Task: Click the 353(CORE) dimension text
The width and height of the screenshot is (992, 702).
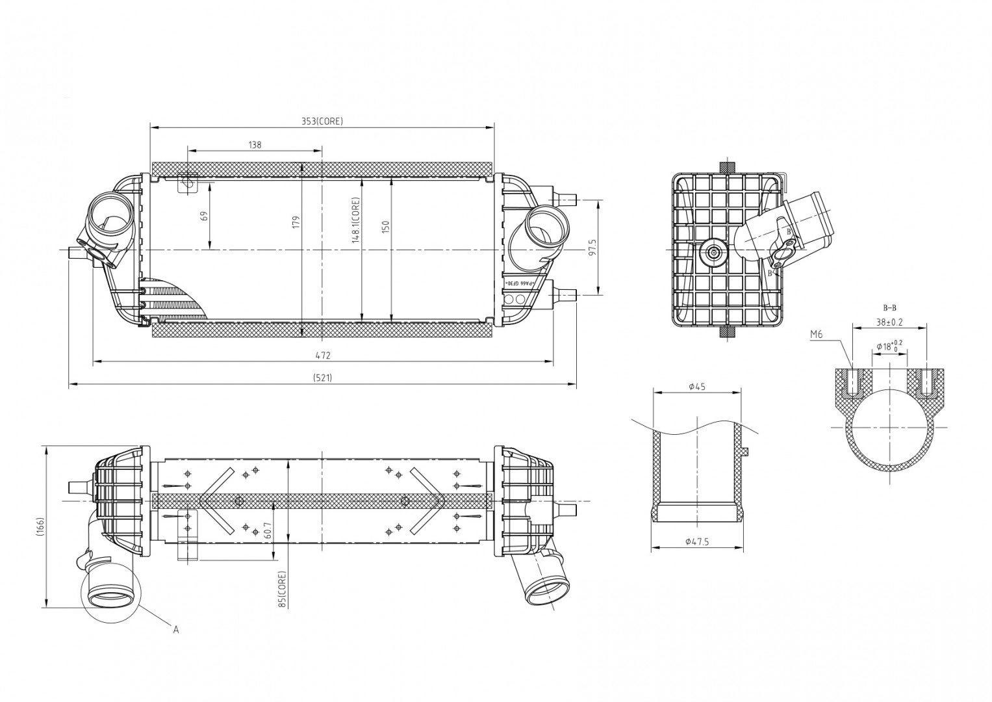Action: point(322,122)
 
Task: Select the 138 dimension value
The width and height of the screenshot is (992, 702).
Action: point(255,145)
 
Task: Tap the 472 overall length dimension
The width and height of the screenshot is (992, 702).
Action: point(323,356)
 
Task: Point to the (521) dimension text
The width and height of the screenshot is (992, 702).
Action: point(322,378)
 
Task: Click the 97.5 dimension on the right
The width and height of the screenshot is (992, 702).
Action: point(592,247)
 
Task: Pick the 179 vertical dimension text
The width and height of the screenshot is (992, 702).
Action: point(296,222)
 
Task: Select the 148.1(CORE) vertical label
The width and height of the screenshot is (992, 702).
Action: point(355,220)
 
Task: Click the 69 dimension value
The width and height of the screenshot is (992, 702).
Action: point(204,216)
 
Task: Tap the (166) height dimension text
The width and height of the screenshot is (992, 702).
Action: point(40,527)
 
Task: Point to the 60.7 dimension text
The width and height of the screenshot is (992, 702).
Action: point(268,530)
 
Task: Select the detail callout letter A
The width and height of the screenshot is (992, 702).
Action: point(175,629)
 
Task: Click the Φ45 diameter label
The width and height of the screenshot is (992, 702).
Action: point(696,387)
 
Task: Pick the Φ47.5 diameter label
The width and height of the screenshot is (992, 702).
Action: point(696,541)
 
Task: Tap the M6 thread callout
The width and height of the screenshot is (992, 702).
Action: point(817,335)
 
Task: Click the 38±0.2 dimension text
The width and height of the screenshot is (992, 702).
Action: point(889,322)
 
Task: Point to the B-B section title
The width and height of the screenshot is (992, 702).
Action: point(889,307)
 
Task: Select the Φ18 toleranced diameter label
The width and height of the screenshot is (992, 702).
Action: point(889,346)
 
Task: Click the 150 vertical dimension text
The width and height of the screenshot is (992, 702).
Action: point(385,227)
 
